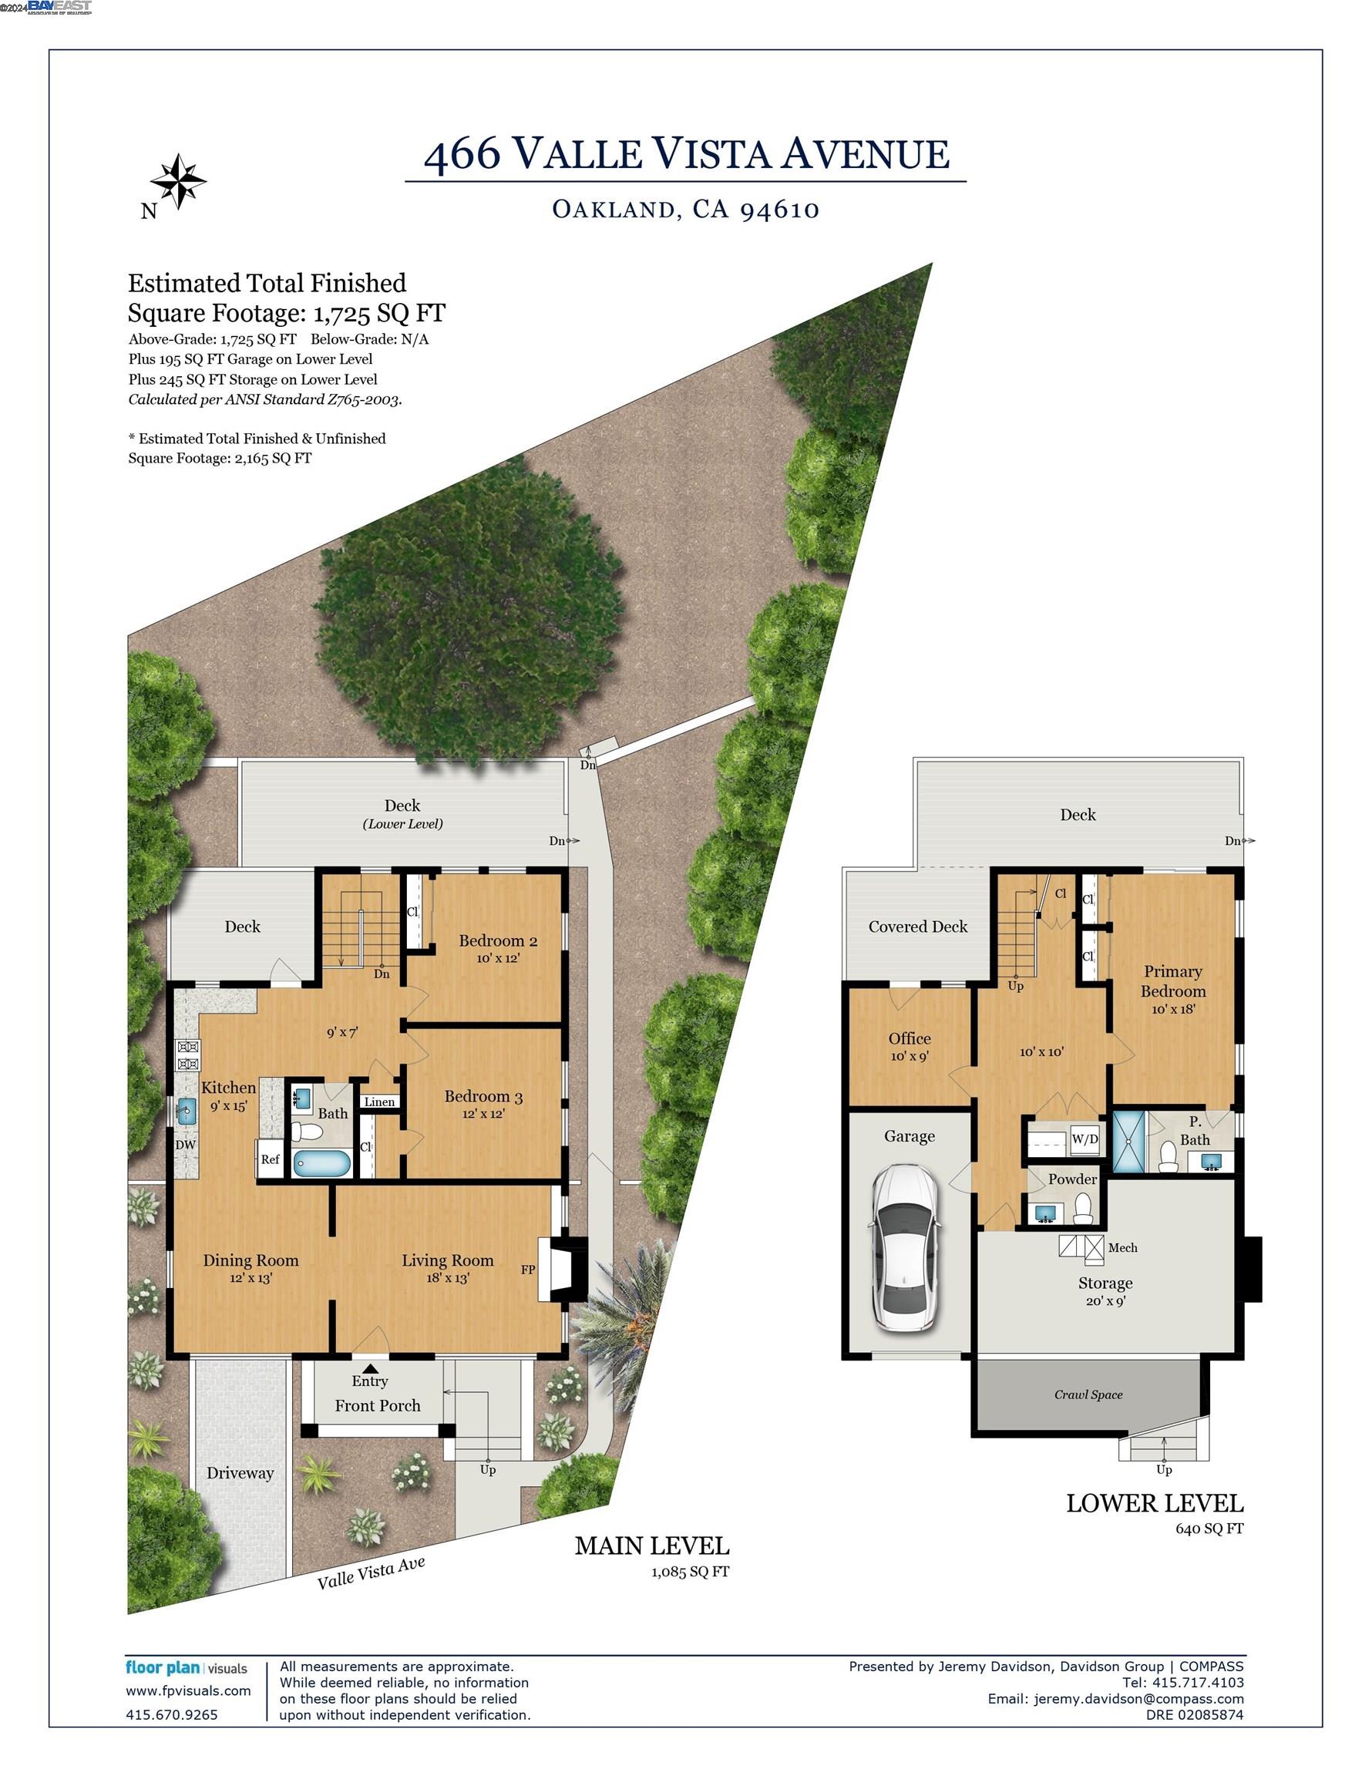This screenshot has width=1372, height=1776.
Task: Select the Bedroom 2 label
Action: tap(498, 941)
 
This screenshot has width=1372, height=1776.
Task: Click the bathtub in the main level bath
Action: tap(321, 1164)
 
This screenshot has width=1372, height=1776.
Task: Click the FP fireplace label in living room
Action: tap(528, 1270)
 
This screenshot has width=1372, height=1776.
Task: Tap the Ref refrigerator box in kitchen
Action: tap(270, 1159)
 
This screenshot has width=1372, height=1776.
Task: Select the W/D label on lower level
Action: tap(1084, 1139)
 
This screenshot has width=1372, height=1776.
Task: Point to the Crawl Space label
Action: tap(1088, 1394)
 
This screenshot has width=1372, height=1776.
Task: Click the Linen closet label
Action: tap(379, 1102)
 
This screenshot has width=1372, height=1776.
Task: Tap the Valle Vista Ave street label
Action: tap(371, 1573)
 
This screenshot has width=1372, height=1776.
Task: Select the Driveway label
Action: tap(240, 1473)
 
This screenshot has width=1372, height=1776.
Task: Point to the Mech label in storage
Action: tap(1122, 1247)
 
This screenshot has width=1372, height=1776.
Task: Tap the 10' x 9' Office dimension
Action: tap(910, 1056)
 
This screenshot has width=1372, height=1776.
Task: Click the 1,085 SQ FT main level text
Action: tap(690, 1572)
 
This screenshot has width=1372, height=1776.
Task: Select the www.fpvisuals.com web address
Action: tap(188, 1690)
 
